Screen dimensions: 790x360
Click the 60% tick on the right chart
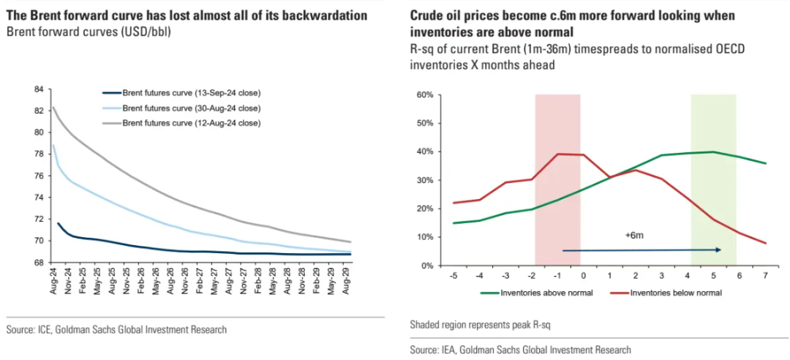coord(425,95)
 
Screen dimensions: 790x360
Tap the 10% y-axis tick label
coord(425,237)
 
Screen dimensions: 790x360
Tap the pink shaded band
coord(557,179)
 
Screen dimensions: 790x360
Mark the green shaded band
coord(713,179)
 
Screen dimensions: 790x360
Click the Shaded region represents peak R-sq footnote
coord(480,323)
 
